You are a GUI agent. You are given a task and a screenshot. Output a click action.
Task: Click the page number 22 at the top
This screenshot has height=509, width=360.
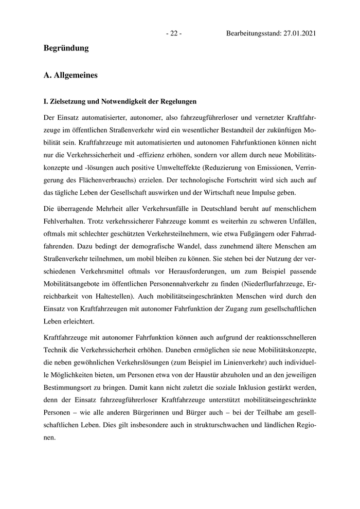pos(173,33)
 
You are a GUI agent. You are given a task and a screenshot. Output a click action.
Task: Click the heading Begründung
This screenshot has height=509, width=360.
pos(66,48)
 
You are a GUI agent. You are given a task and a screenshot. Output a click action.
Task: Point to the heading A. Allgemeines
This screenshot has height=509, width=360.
pos(71,75)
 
